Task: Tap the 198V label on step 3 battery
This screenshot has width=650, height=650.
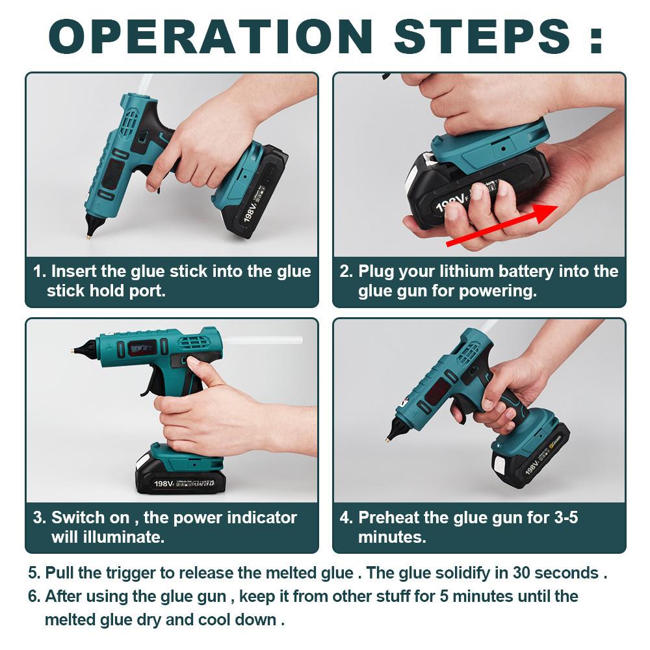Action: coord(162,483)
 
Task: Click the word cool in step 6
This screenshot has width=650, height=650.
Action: coord(214,619)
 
